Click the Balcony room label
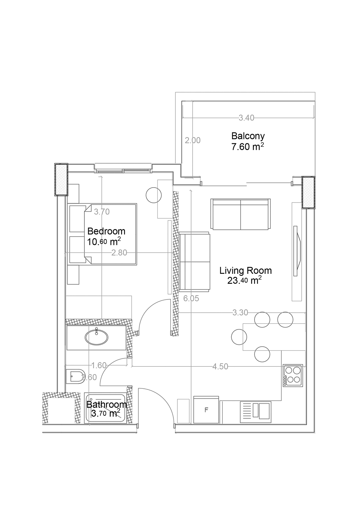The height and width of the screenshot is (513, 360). click(x=248, y=136)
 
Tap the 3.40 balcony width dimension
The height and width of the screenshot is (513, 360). click(x=246, y=118)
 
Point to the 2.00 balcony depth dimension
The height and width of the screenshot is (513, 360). click(x=192, y=140)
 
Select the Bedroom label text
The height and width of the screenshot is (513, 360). click(x=106, y=231)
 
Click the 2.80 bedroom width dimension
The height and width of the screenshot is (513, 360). click(x=119, y=253)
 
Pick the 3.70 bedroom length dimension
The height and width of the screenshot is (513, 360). click(x=102, y=212)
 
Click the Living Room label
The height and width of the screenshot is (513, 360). click(x=245, y=271)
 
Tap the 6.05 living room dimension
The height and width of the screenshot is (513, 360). click(x=191, y=298)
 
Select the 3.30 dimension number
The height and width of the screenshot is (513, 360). click(x=240, y=312)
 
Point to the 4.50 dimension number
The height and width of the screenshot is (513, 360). click(x=220, y=366)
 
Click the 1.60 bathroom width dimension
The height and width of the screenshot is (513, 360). click(x=99, y=365)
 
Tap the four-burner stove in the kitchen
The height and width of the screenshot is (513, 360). click(x=293, y=376)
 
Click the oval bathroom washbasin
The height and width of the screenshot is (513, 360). click(x=96, y=337)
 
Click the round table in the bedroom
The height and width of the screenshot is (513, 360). click(x=154, y=195)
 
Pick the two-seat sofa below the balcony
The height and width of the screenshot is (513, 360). click(x=240, y=214)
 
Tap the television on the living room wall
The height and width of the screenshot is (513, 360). click(x=297, y=251)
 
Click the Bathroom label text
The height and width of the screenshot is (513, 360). click(x=107, y=405)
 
